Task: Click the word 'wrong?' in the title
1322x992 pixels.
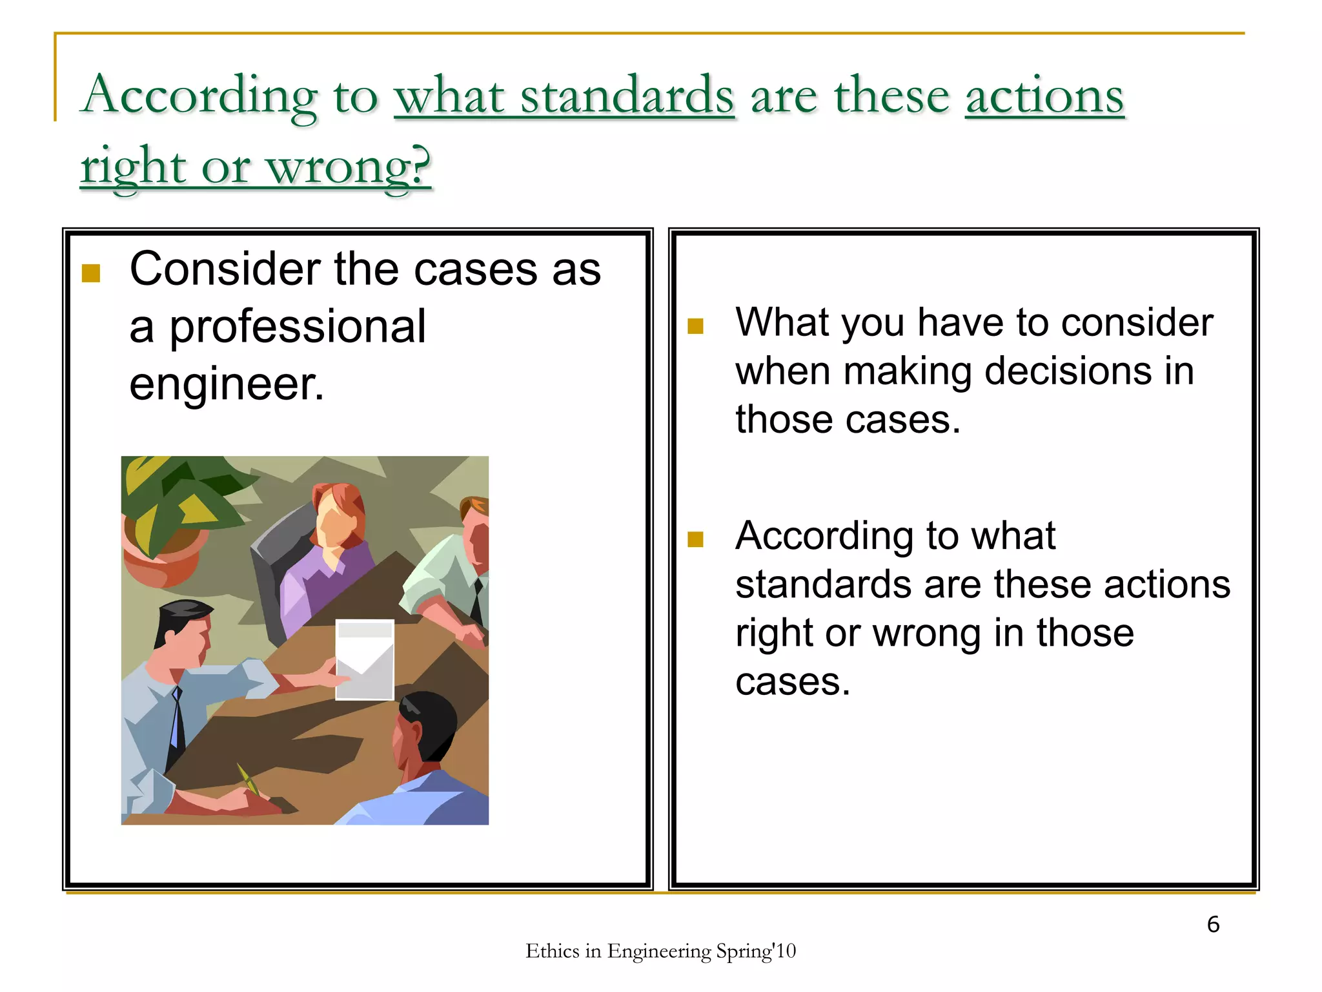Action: pos(349,167)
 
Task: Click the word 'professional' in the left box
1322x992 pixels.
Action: pos(297,327)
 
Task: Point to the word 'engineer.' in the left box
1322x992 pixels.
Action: pos(227,384)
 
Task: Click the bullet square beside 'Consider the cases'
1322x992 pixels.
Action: pos(91,273)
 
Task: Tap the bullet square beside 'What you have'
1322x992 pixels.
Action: pos(695,325)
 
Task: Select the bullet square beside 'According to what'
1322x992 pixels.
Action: pos(695,539)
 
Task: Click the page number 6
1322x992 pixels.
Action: pos(1213,924)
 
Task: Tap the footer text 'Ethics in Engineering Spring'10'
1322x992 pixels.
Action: pos(660,951)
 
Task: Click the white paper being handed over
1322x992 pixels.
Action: pos(365,659)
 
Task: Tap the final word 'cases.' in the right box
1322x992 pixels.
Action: pos(793,681)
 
